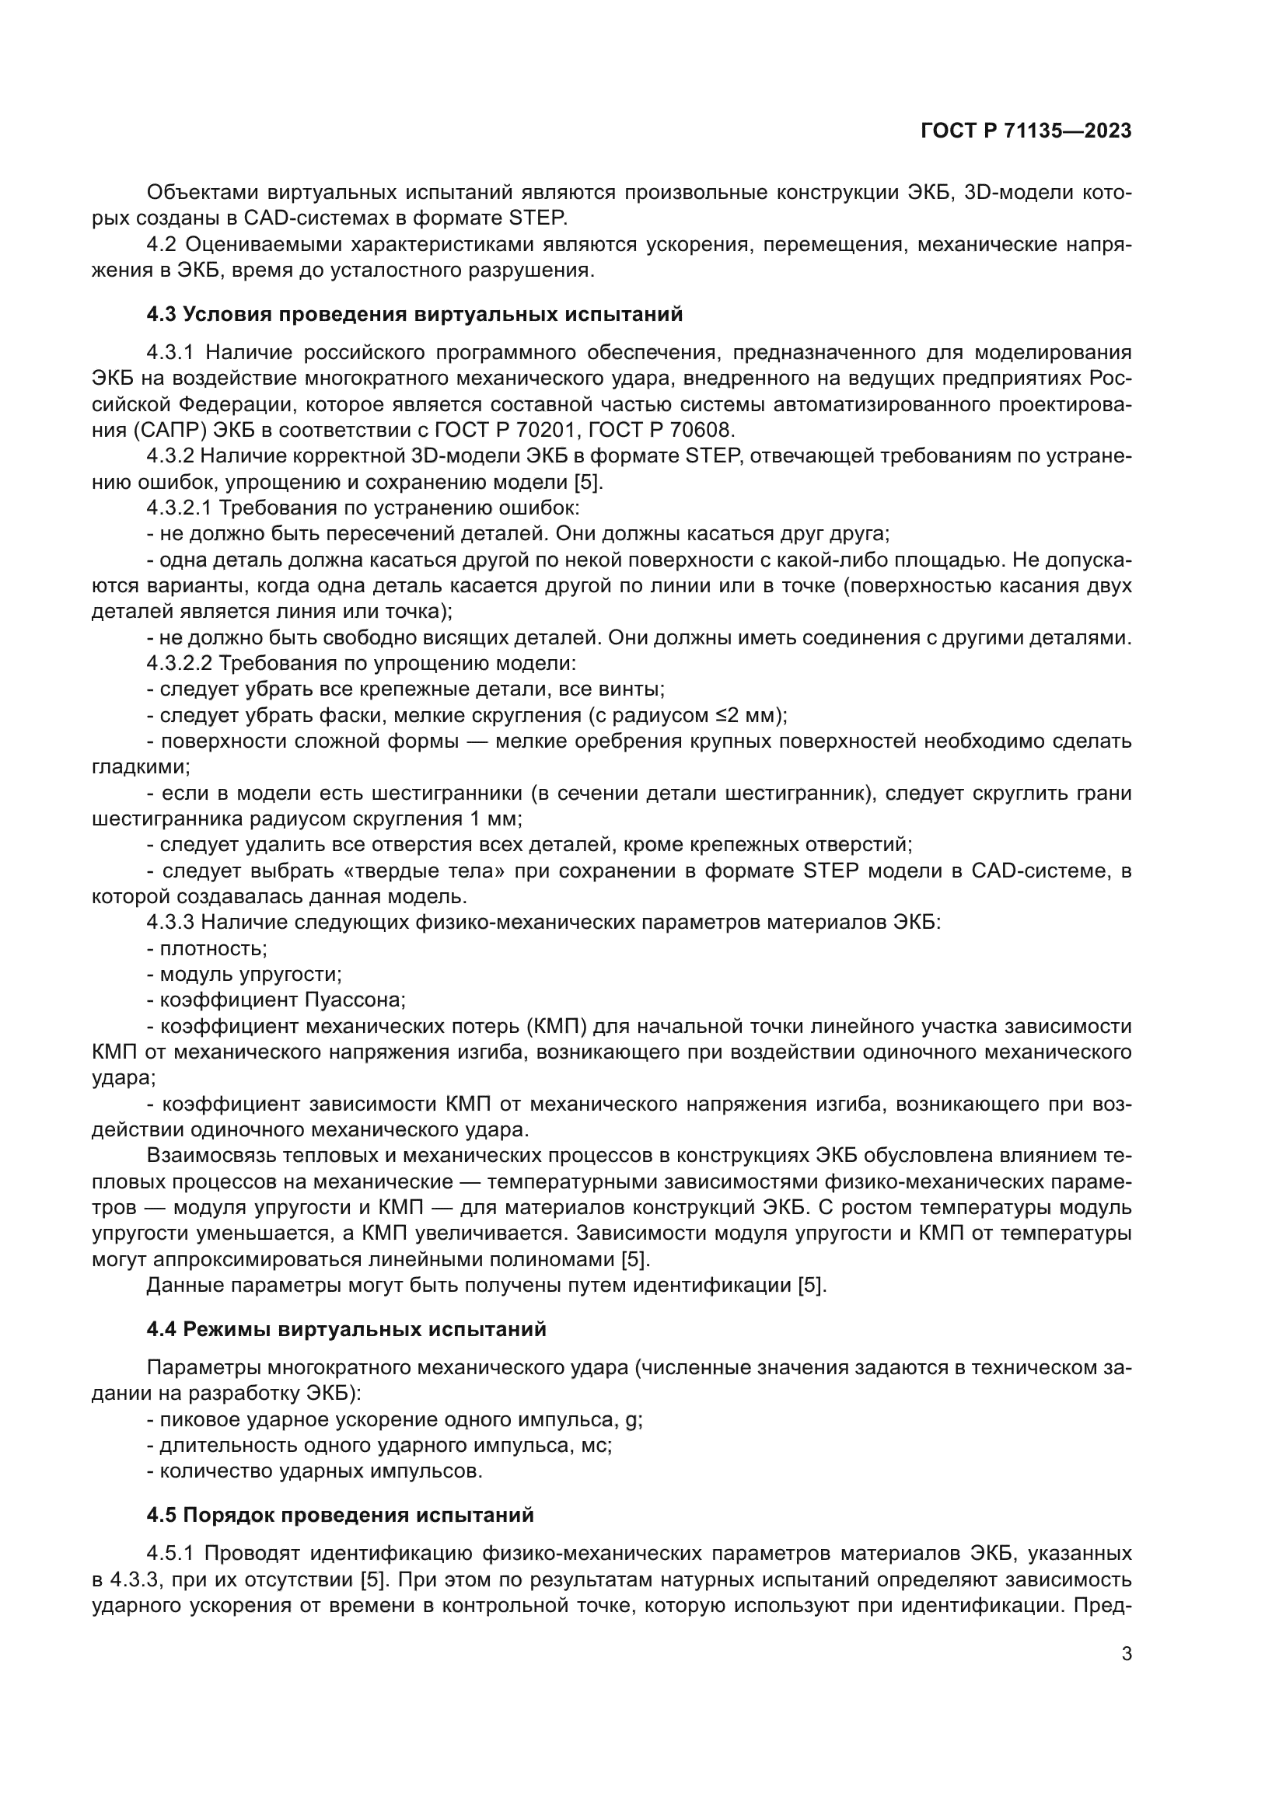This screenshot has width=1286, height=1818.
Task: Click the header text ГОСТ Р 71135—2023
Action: [x=1026, y=131]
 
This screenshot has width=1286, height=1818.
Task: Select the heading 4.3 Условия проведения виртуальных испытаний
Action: [x=414, y=314]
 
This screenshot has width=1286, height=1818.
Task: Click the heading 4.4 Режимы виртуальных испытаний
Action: [x=346, y=1329]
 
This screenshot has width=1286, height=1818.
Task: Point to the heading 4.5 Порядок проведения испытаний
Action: [x=340, y=1516]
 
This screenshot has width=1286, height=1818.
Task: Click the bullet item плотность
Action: [x=212, y=948]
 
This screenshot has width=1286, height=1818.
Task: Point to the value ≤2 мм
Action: [x=748, y=716]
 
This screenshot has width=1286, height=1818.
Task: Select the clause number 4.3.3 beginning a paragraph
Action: [x=170, y=923]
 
